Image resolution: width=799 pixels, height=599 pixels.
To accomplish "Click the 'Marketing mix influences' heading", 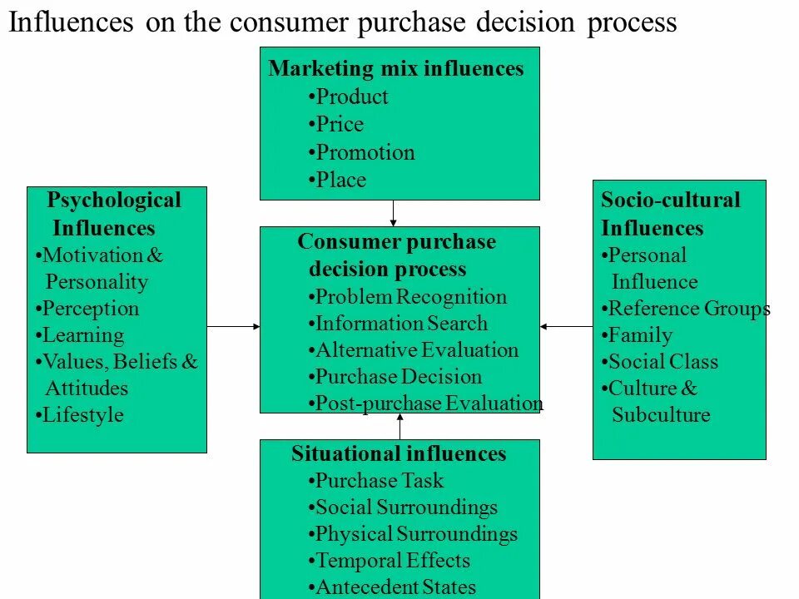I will (396, 69).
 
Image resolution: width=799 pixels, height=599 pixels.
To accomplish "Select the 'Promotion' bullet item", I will (365, 153).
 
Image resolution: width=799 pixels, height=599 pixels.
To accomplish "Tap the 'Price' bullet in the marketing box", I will (340, 125).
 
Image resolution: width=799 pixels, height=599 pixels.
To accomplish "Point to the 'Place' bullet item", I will (341, 181).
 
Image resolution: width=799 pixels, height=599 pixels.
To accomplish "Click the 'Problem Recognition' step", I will (410, 297).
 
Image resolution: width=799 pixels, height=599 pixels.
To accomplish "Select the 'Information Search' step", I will (401, 324).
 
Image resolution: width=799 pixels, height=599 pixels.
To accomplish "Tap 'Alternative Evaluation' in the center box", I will (416, 350).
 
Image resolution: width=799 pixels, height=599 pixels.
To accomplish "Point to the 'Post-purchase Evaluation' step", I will (429, 403).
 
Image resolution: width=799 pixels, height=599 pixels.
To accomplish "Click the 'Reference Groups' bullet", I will (688, 309).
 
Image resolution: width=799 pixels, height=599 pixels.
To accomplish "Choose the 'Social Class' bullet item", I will (663, 362).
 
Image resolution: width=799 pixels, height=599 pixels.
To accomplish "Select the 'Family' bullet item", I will (640, 336).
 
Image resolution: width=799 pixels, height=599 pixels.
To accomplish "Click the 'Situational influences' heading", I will (399, 454).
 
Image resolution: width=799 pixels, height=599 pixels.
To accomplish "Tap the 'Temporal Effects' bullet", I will (392, 561).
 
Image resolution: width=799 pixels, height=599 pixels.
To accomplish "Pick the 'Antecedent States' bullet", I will (395, 587).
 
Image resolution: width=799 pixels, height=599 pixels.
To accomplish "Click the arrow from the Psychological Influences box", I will (233, 327).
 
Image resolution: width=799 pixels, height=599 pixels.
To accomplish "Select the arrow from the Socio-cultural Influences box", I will (566, 327).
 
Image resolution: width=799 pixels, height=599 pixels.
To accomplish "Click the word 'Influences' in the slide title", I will (71, 22).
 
